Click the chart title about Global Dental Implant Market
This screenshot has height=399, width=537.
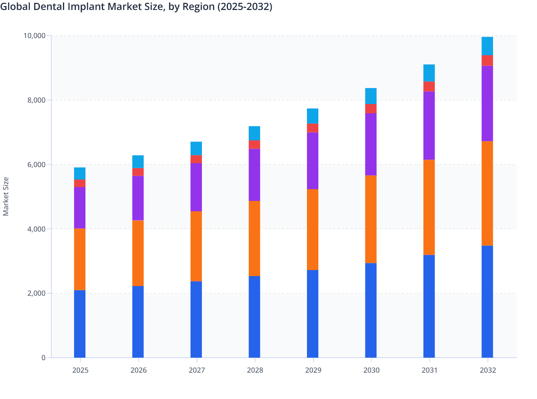(136, 6)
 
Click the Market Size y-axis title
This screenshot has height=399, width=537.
(6, 196)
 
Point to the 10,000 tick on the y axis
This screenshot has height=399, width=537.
(35, 36)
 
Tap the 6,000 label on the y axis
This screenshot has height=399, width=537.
(36, 165)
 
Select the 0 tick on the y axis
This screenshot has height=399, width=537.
(43, 358)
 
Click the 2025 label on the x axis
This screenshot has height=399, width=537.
(80, 370)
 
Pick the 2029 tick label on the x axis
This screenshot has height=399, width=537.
(313, 370)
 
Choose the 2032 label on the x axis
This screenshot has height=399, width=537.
(488, 370)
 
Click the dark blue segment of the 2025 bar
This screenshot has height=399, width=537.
(80, 324)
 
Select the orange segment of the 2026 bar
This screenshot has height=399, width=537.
(138, 253)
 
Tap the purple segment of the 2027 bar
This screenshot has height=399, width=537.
(196, 187)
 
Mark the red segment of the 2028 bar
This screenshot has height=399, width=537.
(254, 144)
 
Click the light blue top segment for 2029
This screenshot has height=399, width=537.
(313, 116)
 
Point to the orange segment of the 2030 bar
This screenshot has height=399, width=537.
(371, 219)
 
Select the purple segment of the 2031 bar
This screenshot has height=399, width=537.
(429, 125)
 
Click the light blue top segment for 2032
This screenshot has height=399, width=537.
(487, 46)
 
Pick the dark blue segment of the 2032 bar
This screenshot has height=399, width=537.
(487, 301)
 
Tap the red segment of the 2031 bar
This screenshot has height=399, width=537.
(429, 87)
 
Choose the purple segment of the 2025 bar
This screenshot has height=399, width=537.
(80, 208)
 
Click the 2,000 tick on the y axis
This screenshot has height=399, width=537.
(36, 293)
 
